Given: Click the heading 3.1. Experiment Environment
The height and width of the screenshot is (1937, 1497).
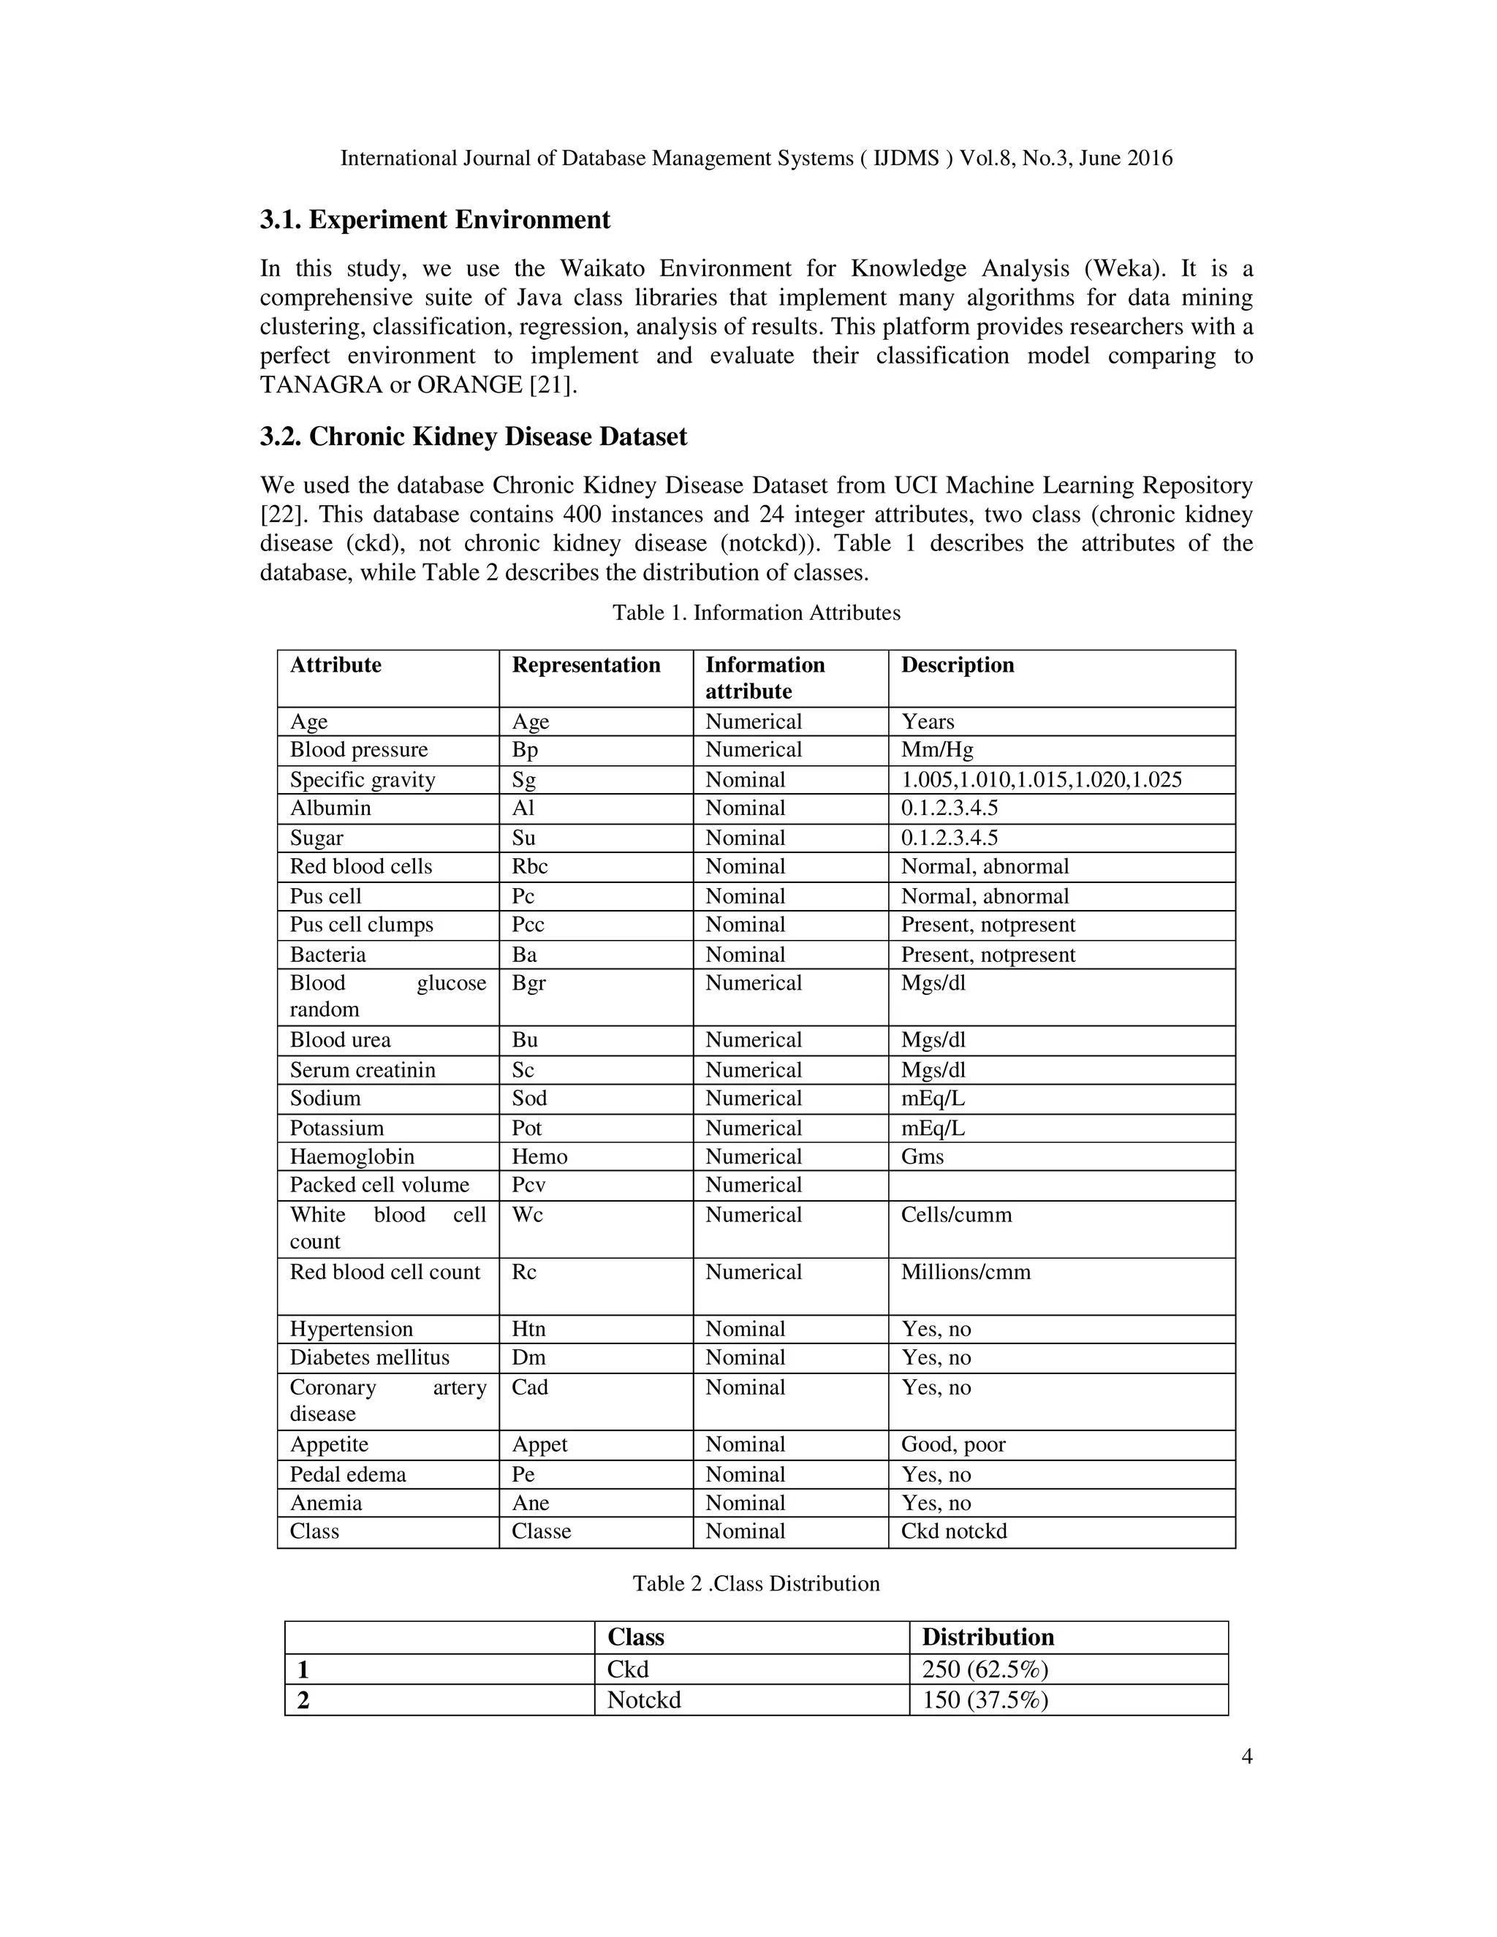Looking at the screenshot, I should [x=435, y=220].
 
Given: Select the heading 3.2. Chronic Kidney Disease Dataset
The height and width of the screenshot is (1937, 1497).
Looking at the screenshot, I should [x=473, y=437].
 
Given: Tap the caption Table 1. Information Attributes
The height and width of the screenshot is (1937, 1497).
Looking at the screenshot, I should [x=756, y=613].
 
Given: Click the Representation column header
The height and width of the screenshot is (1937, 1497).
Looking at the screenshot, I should [x=585, y=665].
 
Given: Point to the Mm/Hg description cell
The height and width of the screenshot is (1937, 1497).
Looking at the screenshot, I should [x=936, y=751].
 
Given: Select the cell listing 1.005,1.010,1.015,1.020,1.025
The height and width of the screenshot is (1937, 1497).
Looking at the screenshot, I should [x=1041, y=781].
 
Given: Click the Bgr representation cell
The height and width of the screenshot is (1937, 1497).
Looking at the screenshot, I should [x=528, y=984].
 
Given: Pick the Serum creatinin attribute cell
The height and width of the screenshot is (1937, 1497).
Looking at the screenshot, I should [x=363, y=1071].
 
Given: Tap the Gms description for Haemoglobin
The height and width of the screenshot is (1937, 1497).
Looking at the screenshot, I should [x=922, y=1156].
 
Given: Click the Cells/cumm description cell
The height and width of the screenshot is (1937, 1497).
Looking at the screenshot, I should [x=956, y=1215].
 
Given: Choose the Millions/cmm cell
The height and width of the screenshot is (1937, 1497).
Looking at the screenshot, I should [x=966, y=1273].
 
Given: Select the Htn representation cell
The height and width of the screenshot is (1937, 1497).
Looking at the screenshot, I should [x=528, y=1330].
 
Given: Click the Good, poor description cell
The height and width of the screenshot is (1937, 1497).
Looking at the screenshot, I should [x=953, y=1445].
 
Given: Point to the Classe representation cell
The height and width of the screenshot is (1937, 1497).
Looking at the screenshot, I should [x=541, y=1531].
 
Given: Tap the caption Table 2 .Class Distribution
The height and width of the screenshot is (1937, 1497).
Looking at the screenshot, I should [x=756, y=1584].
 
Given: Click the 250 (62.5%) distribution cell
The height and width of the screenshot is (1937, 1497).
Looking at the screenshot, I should [x=985, y=1670].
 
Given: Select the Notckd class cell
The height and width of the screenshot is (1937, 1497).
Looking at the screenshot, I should [x=644, y=1700].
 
